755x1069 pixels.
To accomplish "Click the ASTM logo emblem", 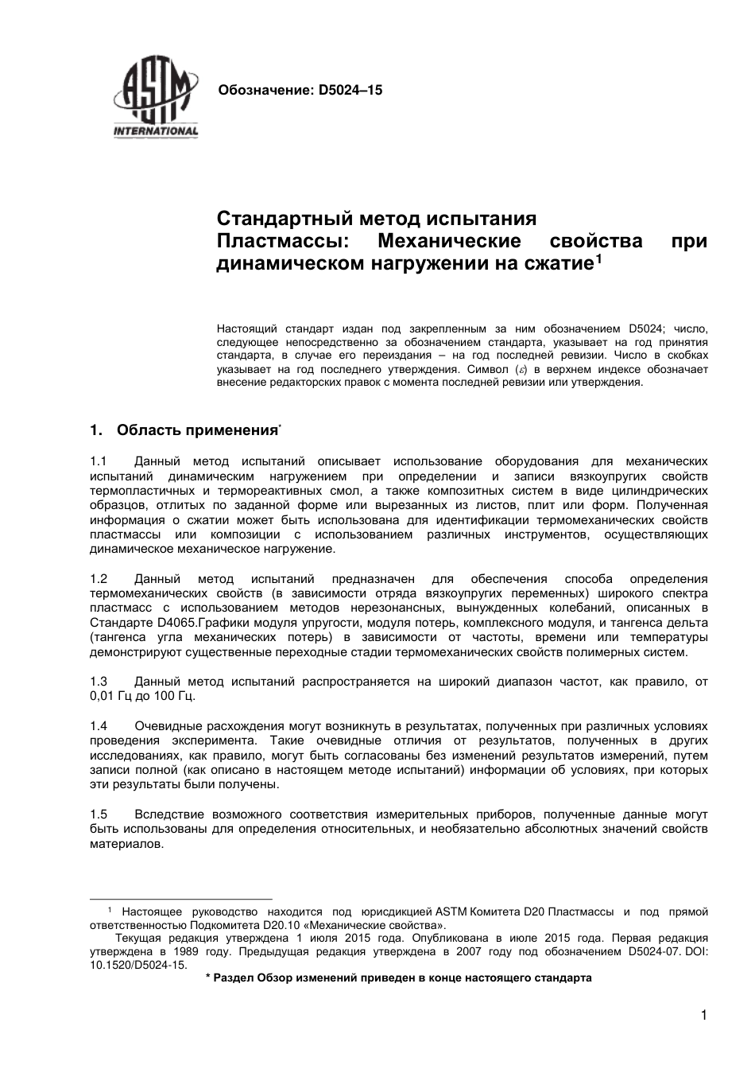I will pos(155,95).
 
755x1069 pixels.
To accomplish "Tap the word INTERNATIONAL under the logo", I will pos(156,131).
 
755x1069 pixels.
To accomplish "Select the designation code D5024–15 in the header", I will pos(350,91).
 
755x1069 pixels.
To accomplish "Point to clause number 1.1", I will pos(99,461).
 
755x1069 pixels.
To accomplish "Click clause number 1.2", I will pos(99,579).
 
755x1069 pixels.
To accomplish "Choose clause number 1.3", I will pos(99,682).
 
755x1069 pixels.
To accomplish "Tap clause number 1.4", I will pos(99,726).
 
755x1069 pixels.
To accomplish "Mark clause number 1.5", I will pos(99,814).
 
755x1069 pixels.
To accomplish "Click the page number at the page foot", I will pos(703,1015).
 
